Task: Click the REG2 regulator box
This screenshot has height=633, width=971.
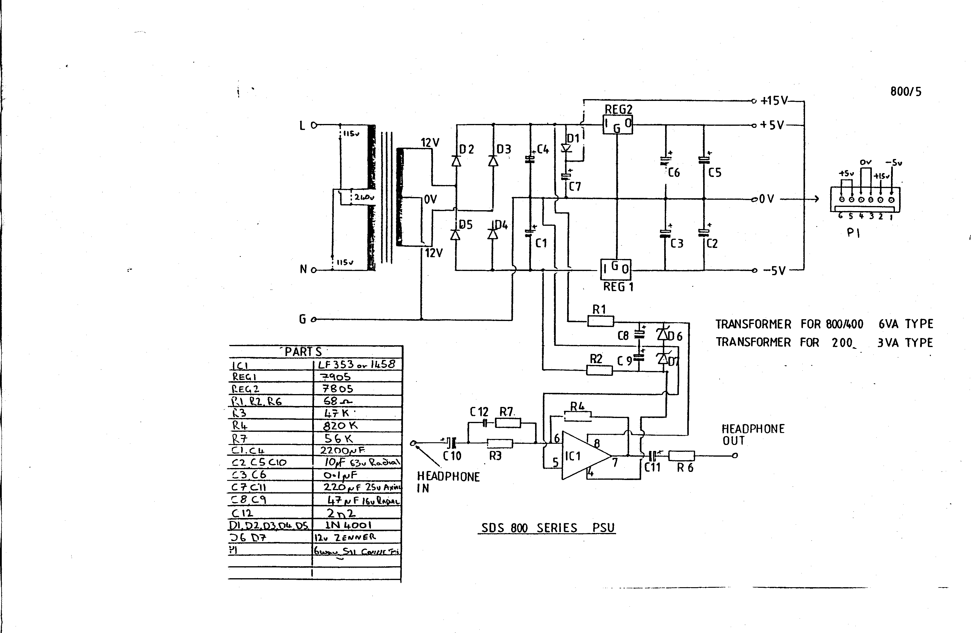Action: (x=617, y=124)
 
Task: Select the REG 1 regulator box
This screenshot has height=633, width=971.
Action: (x=616, y=269)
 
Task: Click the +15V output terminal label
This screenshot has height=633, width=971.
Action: (x=774, y=101)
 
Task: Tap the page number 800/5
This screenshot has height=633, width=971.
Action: (x=905, y=92)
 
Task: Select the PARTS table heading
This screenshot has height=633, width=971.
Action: (x=303, y=352)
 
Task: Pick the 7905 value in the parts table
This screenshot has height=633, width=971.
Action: (x=337, y=376)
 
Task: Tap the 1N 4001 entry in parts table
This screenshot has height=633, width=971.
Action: (x=348, y=525)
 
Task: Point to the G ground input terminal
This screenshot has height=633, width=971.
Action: (x=313, y=319)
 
